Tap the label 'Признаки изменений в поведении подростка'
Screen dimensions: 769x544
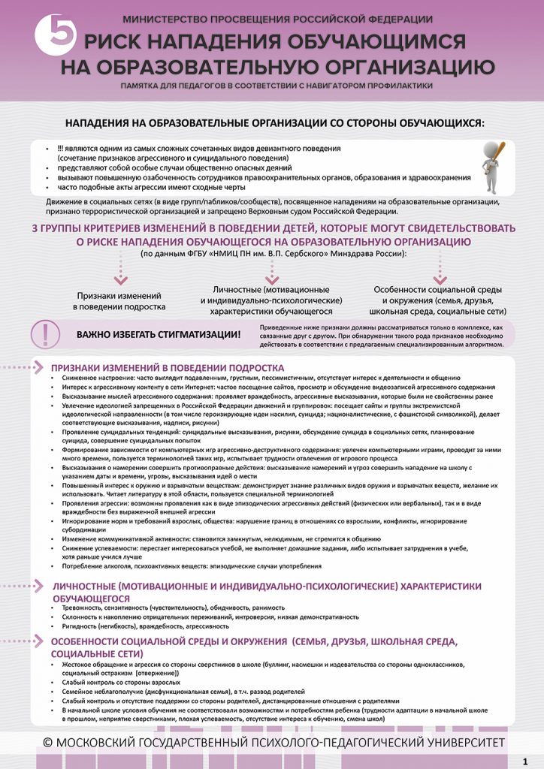tap(119, 300)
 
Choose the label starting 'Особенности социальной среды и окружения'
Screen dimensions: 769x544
tap(439, 300)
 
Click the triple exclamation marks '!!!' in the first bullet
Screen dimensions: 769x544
tap(61, 149)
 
